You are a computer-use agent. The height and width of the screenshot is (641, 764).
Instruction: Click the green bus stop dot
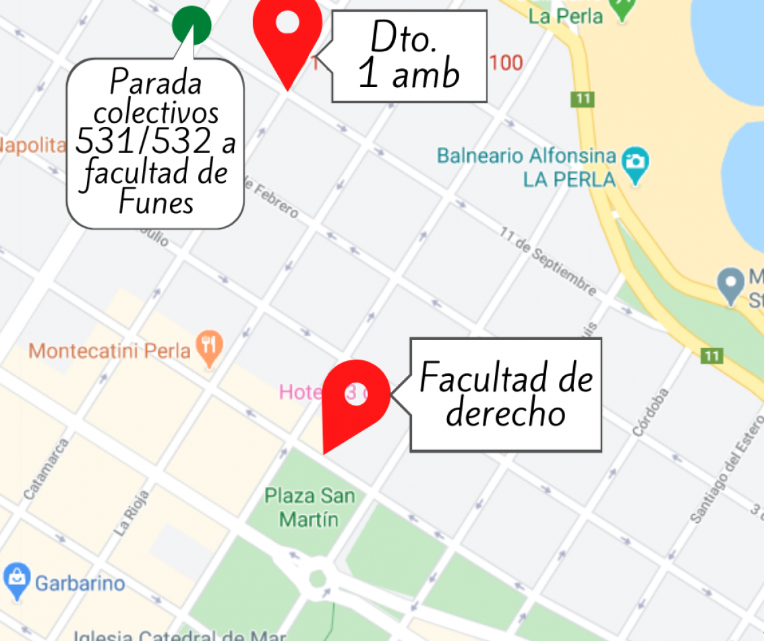pyautogui.click(x=192, y=25)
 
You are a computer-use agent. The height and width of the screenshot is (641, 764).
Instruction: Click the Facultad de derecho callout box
pyautogui.click(x=505, y=395)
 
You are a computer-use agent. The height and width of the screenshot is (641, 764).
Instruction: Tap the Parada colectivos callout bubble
pyautogui.click(x=155, y=143)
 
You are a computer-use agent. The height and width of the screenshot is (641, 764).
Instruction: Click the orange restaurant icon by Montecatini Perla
pyautogui.click(x=210, y=347)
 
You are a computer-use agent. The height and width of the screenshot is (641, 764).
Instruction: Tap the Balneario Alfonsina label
pyautogui.click(x=526, y=157)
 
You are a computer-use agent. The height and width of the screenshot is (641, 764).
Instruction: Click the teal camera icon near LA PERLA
pyautogui.click(x=635, y=163)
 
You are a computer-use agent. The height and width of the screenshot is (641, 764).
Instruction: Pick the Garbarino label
pyautogui.click(x=80, y=583)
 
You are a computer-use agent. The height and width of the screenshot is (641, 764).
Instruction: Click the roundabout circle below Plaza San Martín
pyautogui.click(x=317, y=578)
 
